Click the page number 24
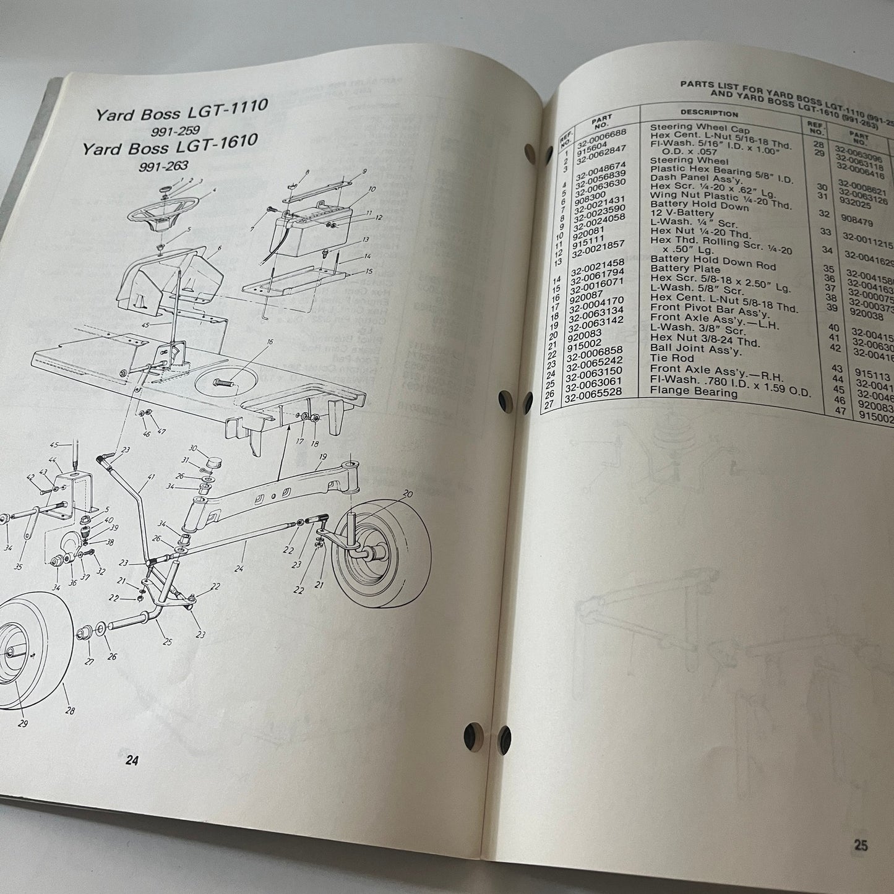[131, 762]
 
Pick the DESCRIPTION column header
[709, 113]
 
